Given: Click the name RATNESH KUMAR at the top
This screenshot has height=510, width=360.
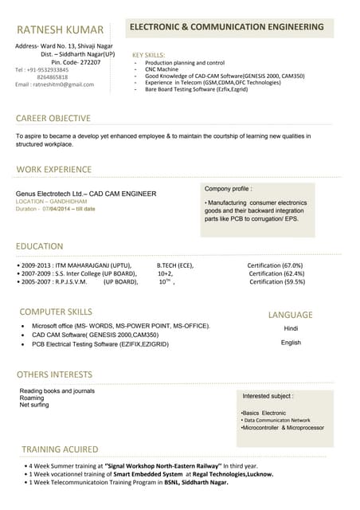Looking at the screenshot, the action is click(60, 29).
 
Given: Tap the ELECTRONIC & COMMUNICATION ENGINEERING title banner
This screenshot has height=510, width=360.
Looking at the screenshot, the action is click(226, 27).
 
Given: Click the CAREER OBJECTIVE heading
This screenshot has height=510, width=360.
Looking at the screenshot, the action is click(53, 118).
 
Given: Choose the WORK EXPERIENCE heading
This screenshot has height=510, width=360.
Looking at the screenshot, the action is click(54, 170).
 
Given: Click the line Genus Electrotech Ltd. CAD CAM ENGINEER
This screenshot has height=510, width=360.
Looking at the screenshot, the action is click(86, 194).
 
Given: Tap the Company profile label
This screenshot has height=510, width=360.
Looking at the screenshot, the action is click(228, 189).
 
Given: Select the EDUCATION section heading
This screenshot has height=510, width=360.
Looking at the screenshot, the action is click(40, 246).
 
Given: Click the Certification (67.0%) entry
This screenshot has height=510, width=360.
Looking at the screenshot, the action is click(275, 265).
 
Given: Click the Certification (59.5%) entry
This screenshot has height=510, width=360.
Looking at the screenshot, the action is click(277, 281).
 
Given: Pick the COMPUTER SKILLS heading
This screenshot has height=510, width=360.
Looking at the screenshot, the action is click(56, 312).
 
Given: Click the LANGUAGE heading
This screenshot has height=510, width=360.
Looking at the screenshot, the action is click(290, 315).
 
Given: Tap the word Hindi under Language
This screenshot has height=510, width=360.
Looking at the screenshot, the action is click(291, 328).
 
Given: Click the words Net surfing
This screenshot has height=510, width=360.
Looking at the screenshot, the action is click(34, 405).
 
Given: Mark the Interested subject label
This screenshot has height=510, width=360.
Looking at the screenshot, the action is click(268, 395).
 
